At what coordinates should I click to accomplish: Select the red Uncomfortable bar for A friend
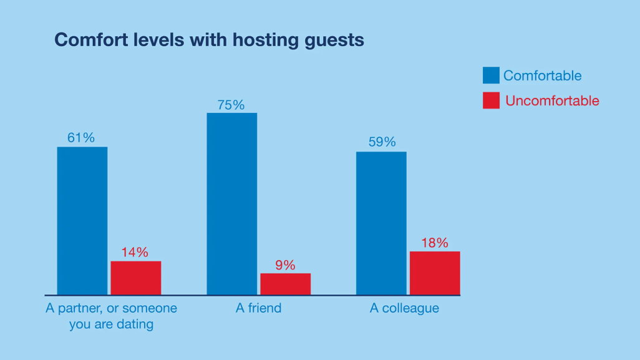pyautogui.click(x=285, y=284)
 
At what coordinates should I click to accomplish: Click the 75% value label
pyautogui.click(x=231, y=105)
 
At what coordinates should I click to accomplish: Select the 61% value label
pyautogui.click(x=81, y=138)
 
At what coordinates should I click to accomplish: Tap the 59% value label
pyautogui.click(x=382, y=142)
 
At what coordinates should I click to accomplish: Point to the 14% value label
pyautogui.click(x=135, y=252)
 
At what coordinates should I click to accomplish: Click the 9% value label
pyautogui.click(x=285, y=265)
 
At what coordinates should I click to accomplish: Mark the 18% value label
pyautogui.click(x=434, y=243)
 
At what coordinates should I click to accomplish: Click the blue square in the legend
pyautogui.click(x=491, y=75)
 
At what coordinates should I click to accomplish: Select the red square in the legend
pyautogui.click(x=491, y=100)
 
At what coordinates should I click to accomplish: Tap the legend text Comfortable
pyautogui.click(x=542, y=75)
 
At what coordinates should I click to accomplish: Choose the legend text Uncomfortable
pyautogui.click(x=552, y=100)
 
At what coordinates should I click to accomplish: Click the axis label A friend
pyautogui.click(x=258, y=308)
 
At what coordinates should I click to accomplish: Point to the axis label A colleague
pyautogui.click(x=404, y=308)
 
